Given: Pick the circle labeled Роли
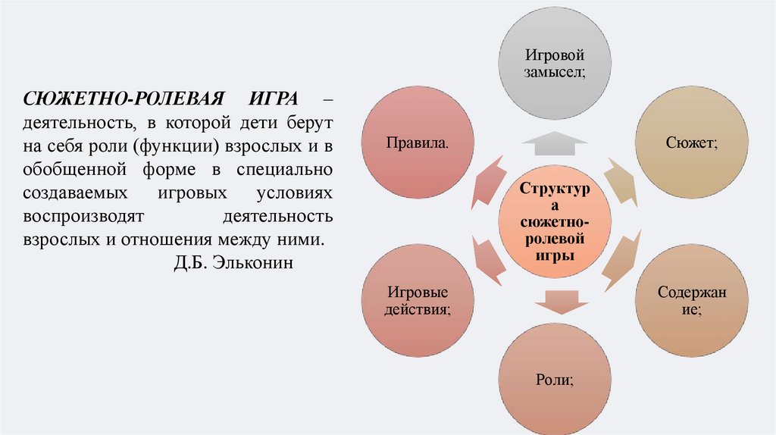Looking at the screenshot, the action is click(x=553, y=377).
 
